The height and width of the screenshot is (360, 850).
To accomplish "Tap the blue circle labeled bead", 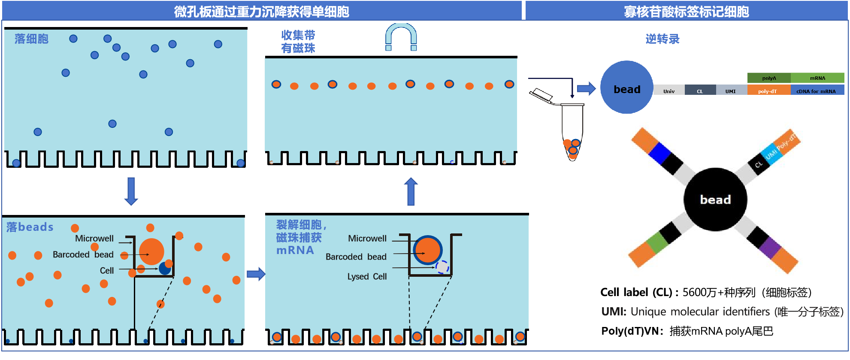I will pos(626,88).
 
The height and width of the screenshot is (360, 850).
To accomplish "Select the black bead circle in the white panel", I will pos(715,200).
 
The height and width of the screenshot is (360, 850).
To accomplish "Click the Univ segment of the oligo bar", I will pos(669,91).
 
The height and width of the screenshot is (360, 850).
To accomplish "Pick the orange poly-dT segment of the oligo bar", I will pos(768,91).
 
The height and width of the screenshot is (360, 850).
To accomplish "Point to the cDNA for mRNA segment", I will pos(817,91).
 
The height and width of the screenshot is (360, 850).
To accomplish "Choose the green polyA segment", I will pos(768,78).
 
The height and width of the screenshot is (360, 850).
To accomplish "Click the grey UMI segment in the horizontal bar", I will pos(731,91).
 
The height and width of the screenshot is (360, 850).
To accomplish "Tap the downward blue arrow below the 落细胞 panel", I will pos(131,191).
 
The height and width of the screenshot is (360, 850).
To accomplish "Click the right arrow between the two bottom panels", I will pos(256,274).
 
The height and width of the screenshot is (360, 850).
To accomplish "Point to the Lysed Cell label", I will pos(367,277).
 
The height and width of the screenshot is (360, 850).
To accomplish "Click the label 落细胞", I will pos(31,39).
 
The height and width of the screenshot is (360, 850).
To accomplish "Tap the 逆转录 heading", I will pos(662,39).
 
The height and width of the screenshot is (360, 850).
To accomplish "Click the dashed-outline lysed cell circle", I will pos(442,267).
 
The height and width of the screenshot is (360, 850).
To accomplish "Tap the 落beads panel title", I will pos(30,227).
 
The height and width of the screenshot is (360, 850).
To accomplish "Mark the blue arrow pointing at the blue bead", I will pos(586,89).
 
